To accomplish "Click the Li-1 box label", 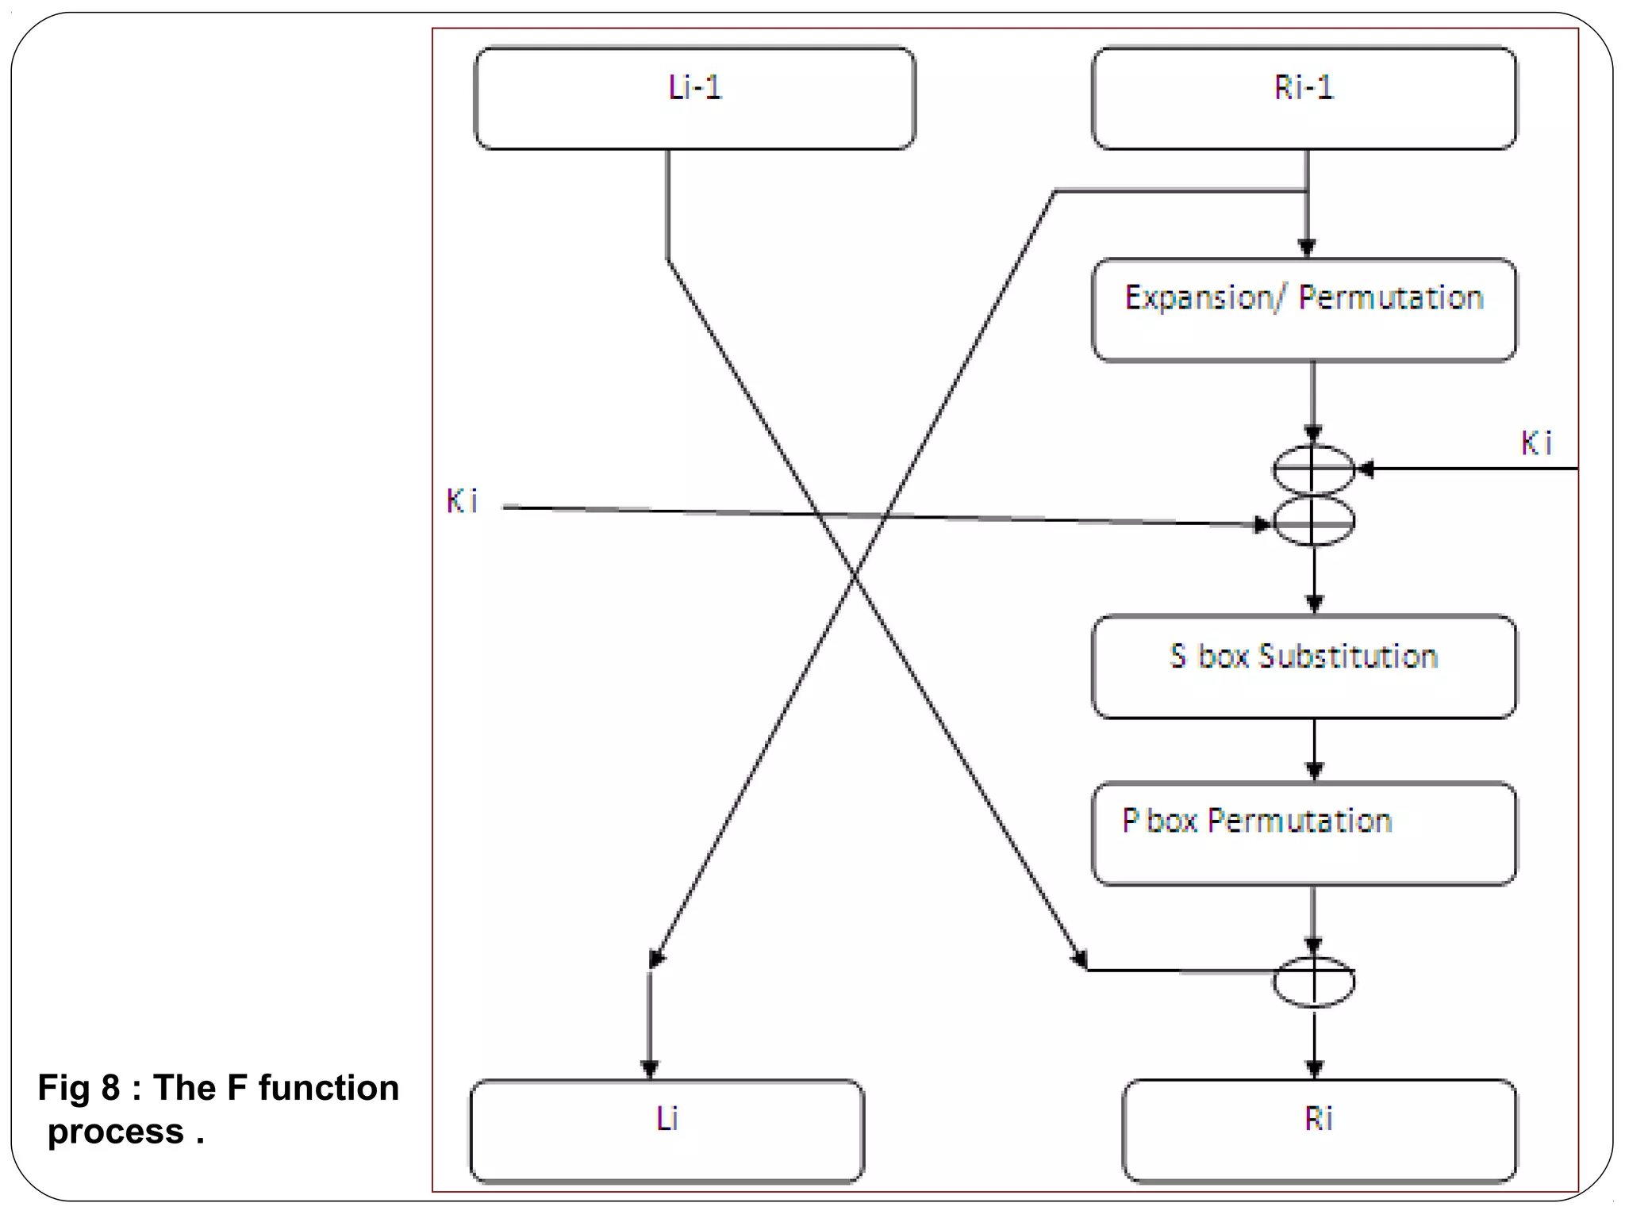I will click(695, 87).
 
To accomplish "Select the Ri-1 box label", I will click(1304, 87).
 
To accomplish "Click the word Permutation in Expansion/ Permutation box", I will click(1391, 298).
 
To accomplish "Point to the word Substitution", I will click(1348, 657).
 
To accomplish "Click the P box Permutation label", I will click(1257, 821).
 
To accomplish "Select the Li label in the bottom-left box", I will click(667, 1118).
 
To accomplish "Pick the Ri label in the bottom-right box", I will click(1318, 1118).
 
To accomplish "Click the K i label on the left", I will click(462, 501).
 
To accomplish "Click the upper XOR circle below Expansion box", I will click(1313, 469).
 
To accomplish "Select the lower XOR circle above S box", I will click(1313, 521).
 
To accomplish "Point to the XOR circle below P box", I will click(1313, 982).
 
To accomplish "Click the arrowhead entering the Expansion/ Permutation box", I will click(1307, 248).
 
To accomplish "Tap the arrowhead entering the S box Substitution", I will click(1314, 604).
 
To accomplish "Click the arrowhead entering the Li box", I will click(650, 1069).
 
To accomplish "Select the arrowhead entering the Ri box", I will click(1314, 1069).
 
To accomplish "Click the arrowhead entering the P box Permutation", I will click(1314, 771).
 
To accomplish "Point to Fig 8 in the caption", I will click(79, 1088).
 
